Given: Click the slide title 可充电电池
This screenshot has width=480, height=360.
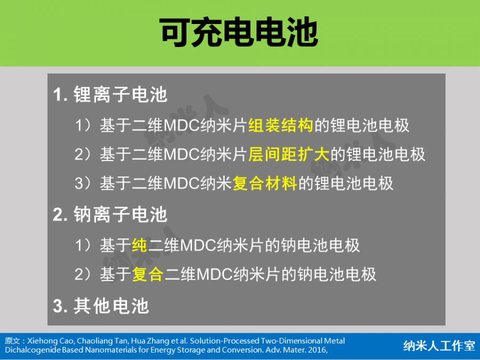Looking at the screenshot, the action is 239,33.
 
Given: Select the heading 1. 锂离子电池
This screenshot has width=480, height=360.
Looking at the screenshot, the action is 110,94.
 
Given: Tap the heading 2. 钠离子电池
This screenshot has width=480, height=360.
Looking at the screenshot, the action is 110,214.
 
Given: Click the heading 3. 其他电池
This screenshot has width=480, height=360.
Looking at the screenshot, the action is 101,306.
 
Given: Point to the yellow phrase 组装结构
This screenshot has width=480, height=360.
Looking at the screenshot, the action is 281,125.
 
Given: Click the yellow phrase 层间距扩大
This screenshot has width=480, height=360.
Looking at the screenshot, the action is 289,154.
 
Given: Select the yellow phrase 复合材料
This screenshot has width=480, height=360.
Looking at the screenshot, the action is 265,183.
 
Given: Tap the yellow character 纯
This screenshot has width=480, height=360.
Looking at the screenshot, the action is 140,245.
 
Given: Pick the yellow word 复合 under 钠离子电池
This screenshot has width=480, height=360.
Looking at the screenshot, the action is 148,274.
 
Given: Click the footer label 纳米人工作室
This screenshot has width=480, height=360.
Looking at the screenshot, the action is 439,346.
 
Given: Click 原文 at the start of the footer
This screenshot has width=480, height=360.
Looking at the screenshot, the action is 13,341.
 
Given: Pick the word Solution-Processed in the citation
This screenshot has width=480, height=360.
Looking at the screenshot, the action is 225,341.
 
